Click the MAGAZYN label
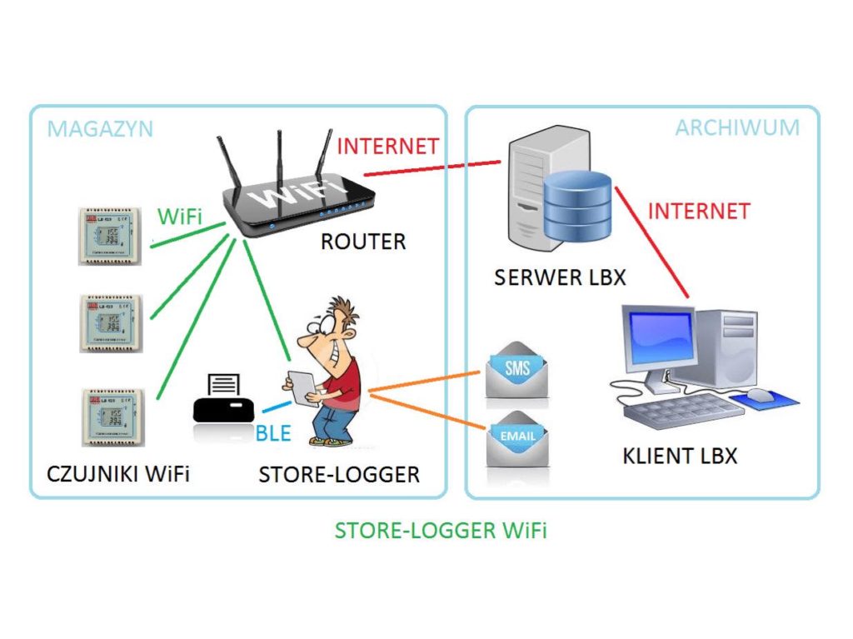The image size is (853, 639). coord(100,129)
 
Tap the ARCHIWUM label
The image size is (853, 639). coord(736,127)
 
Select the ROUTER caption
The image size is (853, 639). coord(363,242)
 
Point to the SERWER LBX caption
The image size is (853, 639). coord(560,277)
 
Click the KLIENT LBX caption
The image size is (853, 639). coord(680,456)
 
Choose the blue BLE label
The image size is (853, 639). coord(273,432)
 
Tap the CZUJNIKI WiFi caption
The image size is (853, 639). coord(118,474)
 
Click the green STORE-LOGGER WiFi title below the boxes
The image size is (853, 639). coord(441,531)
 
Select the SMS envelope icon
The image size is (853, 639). coord(517,369)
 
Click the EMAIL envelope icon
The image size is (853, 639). coord(517,437)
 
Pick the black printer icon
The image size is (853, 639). coord(222,400)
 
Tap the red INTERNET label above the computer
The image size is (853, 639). coord(699,211)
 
